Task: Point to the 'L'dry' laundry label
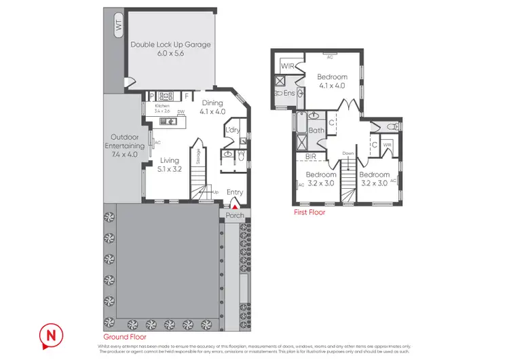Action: coord(233,129)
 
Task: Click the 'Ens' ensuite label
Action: coord(288,92)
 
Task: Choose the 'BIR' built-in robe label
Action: coord(312,157)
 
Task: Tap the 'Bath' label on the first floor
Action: coord(316,130)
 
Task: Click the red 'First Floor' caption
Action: coord(309,213)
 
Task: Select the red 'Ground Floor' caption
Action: coord(125,336)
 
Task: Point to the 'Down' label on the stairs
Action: coord(348,153)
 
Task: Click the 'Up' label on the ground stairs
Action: coord(216,193)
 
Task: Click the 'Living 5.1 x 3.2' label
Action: coord(170,165)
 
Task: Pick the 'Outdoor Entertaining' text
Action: coord(124,146)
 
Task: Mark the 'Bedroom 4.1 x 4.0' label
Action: coord(332,82)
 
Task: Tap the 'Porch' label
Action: coord(234,217)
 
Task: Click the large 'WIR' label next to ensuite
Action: coord(288,67)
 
